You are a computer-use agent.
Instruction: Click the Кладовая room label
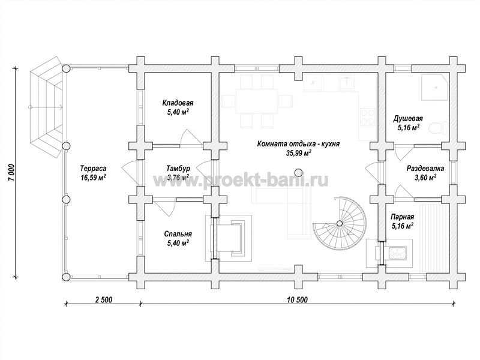[x=178, y=103]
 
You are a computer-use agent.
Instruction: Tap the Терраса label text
[x=94, y=169]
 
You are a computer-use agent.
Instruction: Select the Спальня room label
[x=178, y=234]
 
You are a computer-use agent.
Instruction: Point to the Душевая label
[x=408, y=119]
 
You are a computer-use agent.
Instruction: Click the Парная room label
[x=402, y=217]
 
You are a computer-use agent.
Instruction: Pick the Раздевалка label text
[x=425, y=169]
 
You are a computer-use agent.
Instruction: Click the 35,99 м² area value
[x=299, y=153]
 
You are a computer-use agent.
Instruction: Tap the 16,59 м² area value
[x=94, y=177]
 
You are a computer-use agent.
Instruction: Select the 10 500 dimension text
[x=298, y=299]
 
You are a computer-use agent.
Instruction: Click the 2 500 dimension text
[x=104, y=299]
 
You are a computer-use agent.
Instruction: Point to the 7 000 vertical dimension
[x=11, y=173]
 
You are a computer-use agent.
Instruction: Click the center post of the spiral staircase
[x=340, y=223]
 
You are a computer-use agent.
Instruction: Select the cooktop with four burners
[x=368, y=117]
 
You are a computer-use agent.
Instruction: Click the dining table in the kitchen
[x=257, y=101]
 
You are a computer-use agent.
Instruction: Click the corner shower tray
[x=434, y=87]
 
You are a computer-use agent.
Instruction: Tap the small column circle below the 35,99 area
[x=298, y=172]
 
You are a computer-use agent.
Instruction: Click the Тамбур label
[x=178, y=169]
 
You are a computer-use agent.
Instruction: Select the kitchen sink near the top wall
[x=347, y=82]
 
